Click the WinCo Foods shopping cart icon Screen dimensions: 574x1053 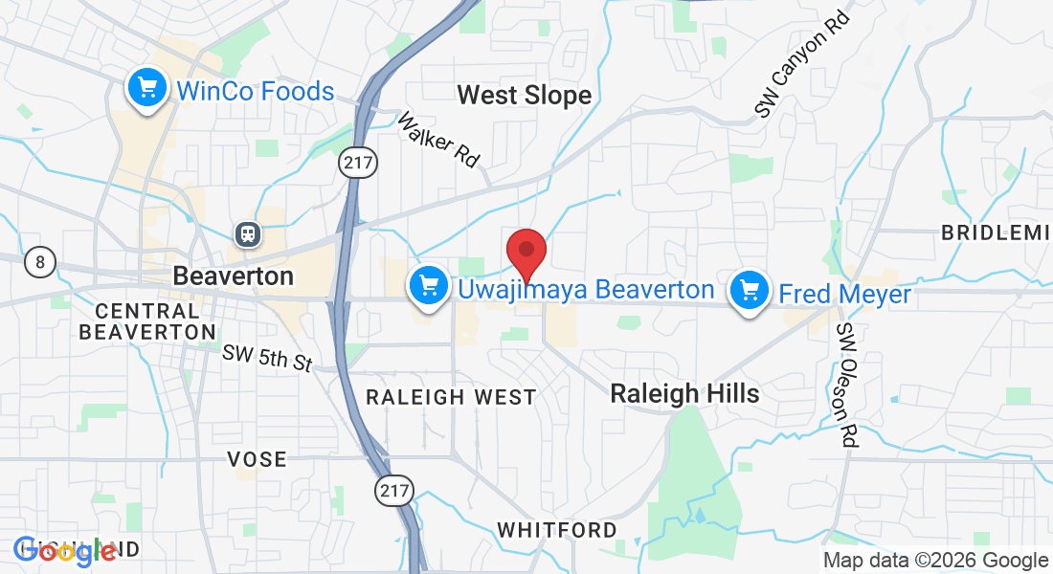[x=146, y=90]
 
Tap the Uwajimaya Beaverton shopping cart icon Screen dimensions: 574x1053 [x=428, y=286]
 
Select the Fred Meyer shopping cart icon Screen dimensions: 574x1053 [x=751, y=290]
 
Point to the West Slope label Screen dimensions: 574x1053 [x=524, y=96]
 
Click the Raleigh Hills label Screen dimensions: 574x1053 [x=684, y=393]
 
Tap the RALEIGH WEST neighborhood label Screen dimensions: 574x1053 [x=452, y=397]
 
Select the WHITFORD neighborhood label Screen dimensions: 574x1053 [x=557, y=529]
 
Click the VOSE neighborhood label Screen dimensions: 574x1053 [x=257, y=459]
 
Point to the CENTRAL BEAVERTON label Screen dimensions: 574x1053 [x=147, y=321]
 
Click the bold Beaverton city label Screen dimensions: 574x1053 [x=233, y=276]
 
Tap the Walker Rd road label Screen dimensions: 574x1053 [x=437, y=140]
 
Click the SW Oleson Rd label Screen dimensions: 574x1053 [x=847, y=385]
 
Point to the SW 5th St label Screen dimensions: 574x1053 [x=268, y=359]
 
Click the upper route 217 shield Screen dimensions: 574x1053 [x=358, y=163]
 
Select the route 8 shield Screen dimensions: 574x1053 [x=40, y=261]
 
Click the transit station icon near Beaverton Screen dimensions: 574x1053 [x=247, y=232]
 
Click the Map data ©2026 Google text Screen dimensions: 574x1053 [x=936, y=561]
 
